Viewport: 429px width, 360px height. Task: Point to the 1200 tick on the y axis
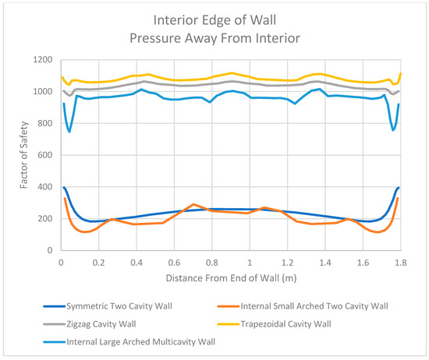click(43, 60)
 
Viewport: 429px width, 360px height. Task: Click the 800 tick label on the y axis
click(45, 124)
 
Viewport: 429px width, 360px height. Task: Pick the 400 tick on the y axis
click(45, 188)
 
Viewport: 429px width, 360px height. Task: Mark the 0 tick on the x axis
click(61, 263)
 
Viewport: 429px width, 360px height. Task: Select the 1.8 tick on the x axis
click(400, 263)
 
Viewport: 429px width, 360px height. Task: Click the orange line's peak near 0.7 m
click(193, 204)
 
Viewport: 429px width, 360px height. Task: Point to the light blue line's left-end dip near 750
click(69, 131)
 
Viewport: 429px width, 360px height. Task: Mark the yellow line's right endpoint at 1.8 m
click(400, 74)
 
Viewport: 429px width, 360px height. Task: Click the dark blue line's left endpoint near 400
click(64, 187)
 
